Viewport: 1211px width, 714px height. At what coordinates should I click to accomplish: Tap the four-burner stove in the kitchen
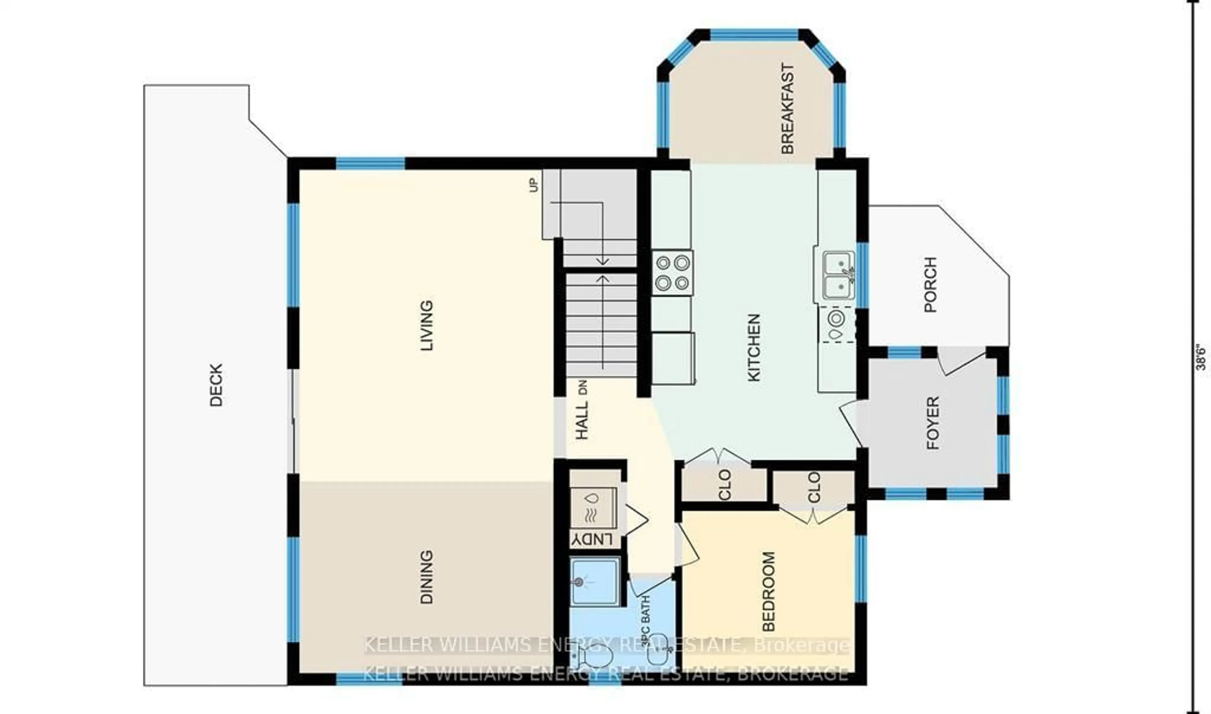point(672,273)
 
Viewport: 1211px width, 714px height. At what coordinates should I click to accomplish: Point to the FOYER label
point(933,423)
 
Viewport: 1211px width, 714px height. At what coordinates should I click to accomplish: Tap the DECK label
point(217,385)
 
